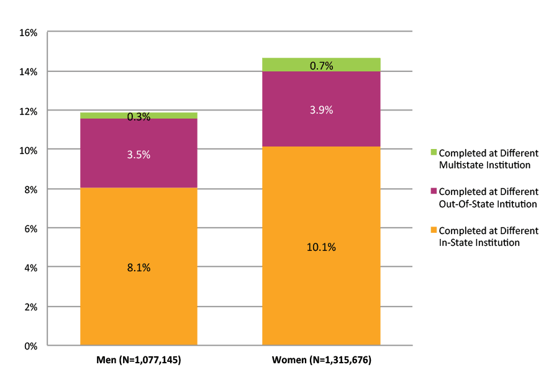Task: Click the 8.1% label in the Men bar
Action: [x=139, y=268]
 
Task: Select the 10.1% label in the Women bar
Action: [x=321, y=247]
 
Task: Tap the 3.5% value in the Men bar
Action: [x=139, y=155]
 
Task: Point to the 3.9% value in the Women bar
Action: [x=321, y=110]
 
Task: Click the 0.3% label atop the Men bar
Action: [x=139, y=117]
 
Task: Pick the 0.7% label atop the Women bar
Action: [x=321, y=65]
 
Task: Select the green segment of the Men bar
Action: [x=99, y=115]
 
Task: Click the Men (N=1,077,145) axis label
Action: [x=139, y=360]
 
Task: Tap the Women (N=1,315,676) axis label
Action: [x=321, y=360]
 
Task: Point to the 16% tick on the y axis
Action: [x=29, y=32]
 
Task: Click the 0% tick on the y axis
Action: [x=32, y=346]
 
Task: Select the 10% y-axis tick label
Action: [x=29, y=150]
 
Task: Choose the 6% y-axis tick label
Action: [x=32, y=228]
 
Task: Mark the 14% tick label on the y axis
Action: [x=29, y=71]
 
